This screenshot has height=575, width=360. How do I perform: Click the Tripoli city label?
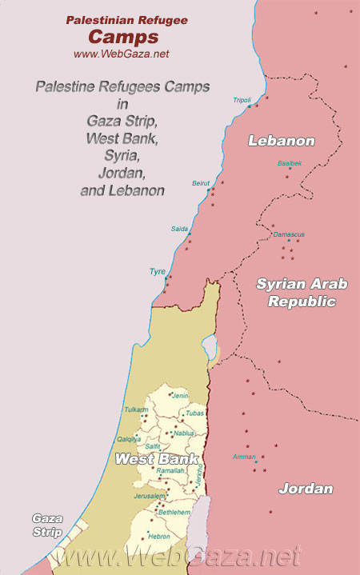click(242, 100)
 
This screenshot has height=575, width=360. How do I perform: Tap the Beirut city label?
click(200, 183)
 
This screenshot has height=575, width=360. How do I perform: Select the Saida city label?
click(179, 229)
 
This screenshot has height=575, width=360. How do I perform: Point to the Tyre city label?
click(158, 271)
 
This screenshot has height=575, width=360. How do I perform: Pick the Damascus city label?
click(288, 234)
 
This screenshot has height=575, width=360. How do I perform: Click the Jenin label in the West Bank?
click(181, 395)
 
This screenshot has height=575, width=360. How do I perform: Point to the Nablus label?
click(184, 433)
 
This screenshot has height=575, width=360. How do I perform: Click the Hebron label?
click(160, 536)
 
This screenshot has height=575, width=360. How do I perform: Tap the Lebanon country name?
click(281, 141)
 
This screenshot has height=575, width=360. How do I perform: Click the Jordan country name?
click(306, 488)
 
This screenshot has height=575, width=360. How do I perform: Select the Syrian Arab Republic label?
click(296, 292)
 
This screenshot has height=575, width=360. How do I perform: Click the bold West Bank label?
click(146, 459)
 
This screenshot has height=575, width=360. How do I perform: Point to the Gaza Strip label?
click(46, 525)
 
